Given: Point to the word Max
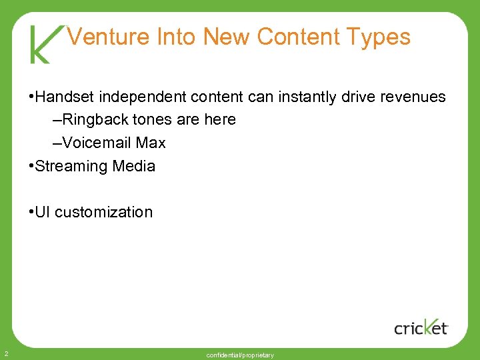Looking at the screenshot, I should [151, 143].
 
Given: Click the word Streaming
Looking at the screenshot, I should [71, 166].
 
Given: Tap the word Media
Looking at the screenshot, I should [133, 166].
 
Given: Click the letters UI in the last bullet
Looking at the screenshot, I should [42, 212].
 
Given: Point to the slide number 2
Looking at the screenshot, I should [5, 353].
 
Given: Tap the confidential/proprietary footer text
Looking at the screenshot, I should [240, 355].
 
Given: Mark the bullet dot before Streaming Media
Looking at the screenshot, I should [31, 166].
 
